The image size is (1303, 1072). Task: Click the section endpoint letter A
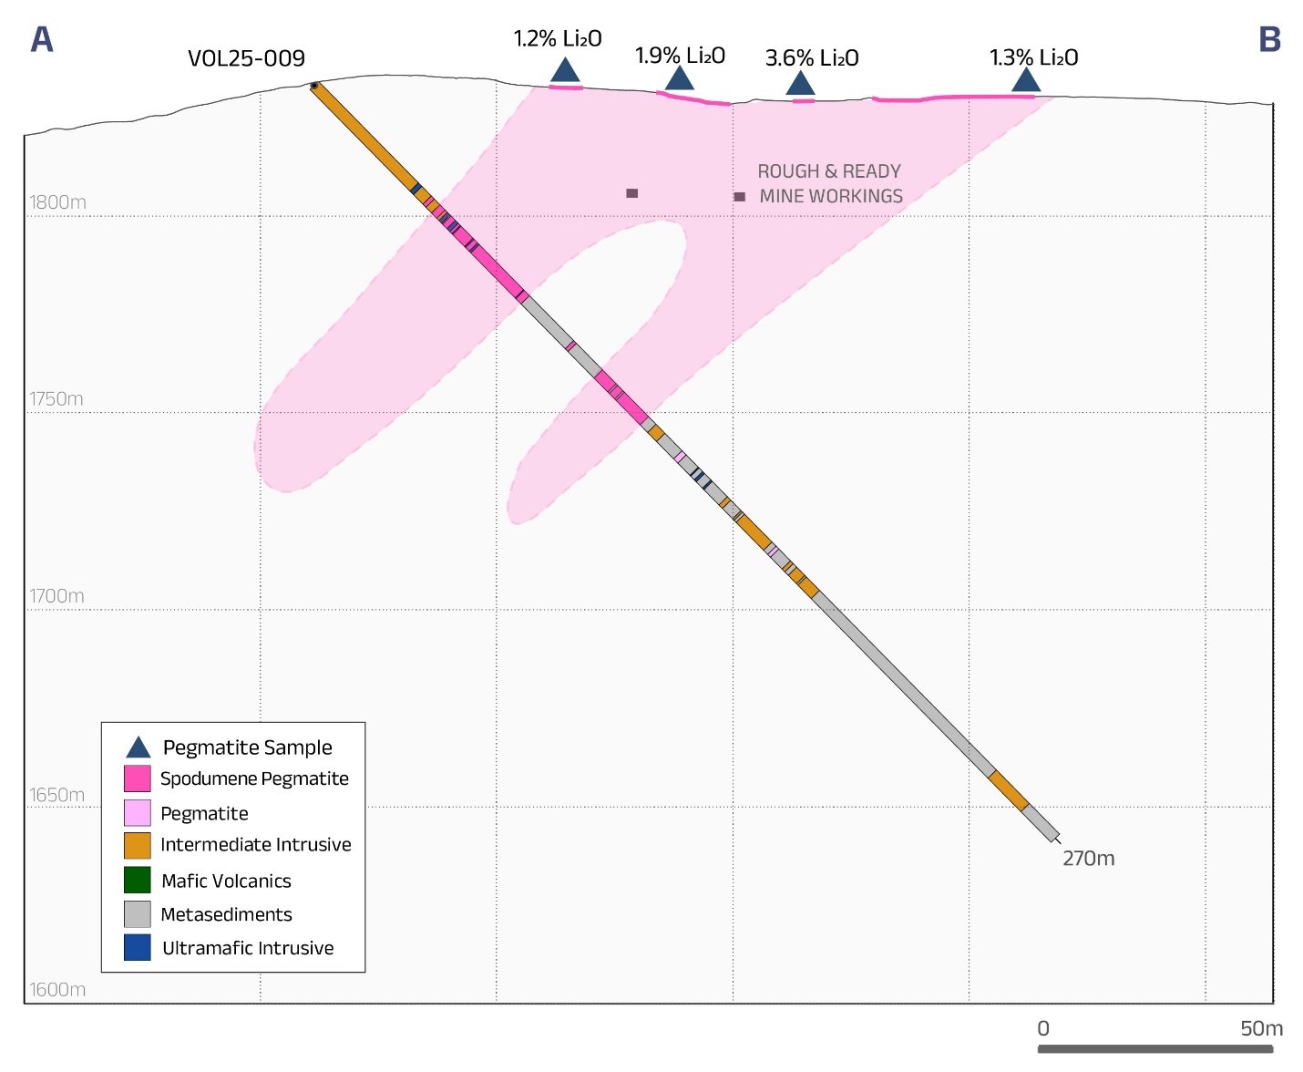[x=42, y=40]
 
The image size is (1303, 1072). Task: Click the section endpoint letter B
[x=1269, y=40]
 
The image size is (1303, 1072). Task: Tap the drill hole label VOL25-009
[x=246, y=59]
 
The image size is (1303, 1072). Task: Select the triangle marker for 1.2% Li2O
[x=565, y=70]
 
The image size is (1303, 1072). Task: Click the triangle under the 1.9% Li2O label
[x=679, y=78]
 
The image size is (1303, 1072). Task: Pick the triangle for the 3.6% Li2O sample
[x=800, y=84]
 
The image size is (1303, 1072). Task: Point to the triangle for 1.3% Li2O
[x=1026, y=81]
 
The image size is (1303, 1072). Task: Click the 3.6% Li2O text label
[x=812, y=58]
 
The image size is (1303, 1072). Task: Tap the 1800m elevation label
[x=57, y=202]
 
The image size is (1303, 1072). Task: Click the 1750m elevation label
[x=56, y=399]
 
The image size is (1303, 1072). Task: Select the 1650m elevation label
[x=56, y=795]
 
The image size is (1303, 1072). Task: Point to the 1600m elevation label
[x=56, y=990]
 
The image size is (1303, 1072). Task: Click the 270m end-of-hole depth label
[x=1088, y=859]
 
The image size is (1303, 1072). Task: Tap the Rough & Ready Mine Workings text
[x=830, y=184]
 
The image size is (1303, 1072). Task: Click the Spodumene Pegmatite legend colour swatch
[x=138, y=778]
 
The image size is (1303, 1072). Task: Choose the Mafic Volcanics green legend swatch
[x=138, y=881]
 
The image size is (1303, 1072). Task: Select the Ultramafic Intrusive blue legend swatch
[x=138, y=948]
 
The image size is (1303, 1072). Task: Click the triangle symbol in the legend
[x=138, y=747]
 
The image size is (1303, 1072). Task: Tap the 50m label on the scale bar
[x=1261, y=1029]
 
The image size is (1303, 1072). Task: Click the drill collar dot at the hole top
[x=314, y=87]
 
